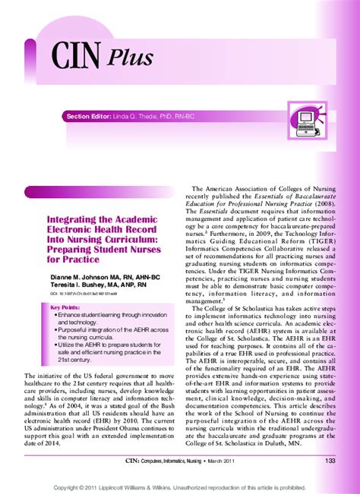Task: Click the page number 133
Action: [x=330, y=461]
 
